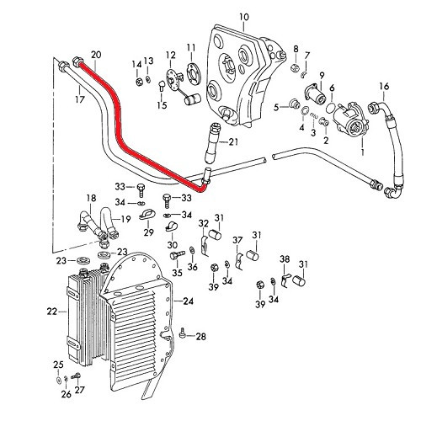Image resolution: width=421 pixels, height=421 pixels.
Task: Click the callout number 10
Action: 244,17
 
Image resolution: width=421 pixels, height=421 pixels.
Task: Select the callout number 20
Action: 95,55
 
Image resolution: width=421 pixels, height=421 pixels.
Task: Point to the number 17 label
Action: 81,100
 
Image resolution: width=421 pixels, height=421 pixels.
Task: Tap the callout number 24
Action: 189,301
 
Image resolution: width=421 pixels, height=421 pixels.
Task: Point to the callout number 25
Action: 57,364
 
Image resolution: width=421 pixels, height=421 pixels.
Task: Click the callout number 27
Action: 80,390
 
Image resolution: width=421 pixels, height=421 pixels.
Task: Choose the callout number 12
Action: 170,56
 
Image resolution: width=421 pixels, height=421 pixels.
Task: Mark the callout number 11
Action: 190,45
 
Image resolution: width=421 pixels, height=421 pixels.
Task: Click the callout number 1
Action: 363,153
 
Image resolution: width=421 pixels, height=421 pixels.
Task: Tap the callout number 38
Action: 285,258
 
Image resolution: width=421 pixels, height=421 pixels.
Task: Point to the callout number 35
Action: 177,273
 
